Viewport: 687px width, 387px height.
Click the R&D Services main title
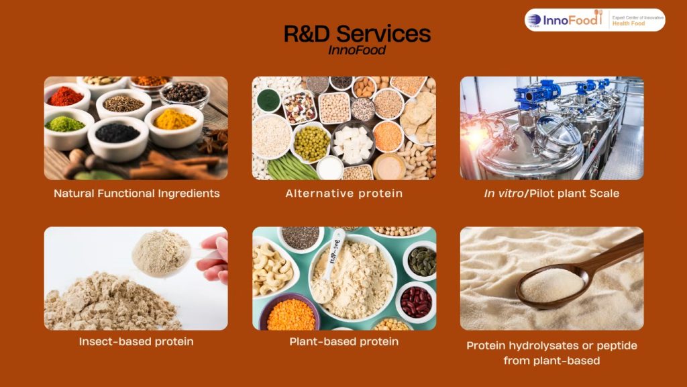click(357, 34)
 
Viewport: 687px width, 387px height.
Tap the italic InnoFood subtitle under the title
click(357, 50)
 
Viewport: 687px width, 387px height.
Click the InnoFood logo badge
click(594, 19)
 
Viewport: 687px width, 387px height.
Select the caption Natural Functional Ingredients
click(137, 193)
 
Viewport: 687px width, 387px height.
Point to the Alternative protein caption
click(344, 193)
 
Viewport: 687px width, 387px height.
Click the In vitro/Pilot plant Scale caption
click(551, 193)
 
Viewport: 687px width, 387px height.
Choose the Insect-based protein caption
click(136, 341)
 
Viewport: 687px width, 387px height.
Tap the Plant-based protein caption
click(344, 341)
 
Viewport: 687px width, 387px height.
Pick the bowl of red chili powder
click(66, 97)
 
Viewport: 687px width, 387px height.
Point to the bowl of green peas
click(311, 143)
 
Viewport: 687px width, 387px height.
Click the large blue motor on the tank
click(536, 94)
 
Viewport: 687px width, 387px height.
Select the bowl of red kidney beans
click(416, 302)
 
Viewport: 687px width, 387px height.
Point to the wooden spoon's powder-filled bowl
click(552, 286)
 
